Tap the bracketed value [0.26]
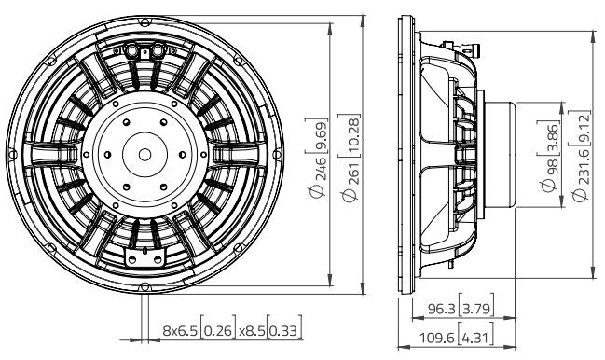pyautogui.click(x=220, y=329)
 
